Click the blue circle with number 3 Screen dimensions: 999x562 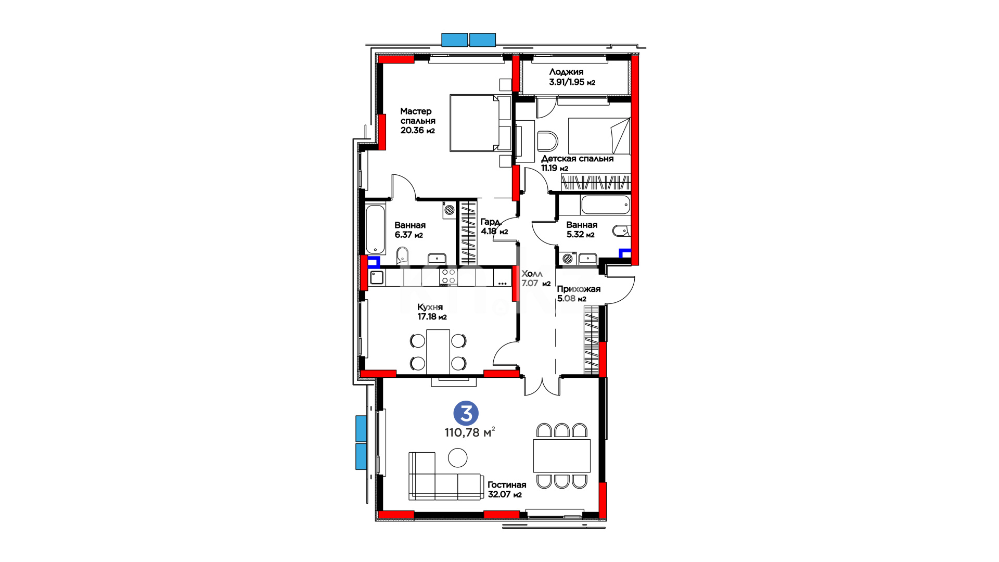point(466,414)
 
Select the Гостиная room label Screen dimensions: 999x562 point(507,485)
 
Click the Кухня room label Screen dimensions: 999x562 point(430,308)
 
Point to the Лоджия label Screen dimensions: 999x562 point(566,72)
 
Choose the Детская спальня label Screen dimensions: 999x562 point(578,159)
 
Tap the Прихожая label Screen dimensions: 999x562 point(579,289)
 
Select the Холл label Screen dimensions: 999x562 point(532,274)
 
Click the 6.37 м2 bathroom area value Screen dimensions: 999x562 point(408,235)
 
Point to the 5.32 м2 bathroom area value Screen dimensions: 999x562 point(580,235)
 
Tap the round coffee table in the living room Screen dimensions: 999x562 point(458,458)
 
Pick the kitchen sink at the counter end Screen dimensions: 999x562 point(377,277)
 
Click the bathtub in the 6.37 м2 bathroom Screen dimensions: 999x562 point(375,229)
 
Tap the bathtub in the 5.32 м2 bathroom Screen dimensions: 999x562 point(606,205)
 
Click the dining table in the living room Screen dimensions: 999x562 point(562,456)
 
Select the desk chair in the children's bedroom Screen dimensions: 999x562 point(547,141)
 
